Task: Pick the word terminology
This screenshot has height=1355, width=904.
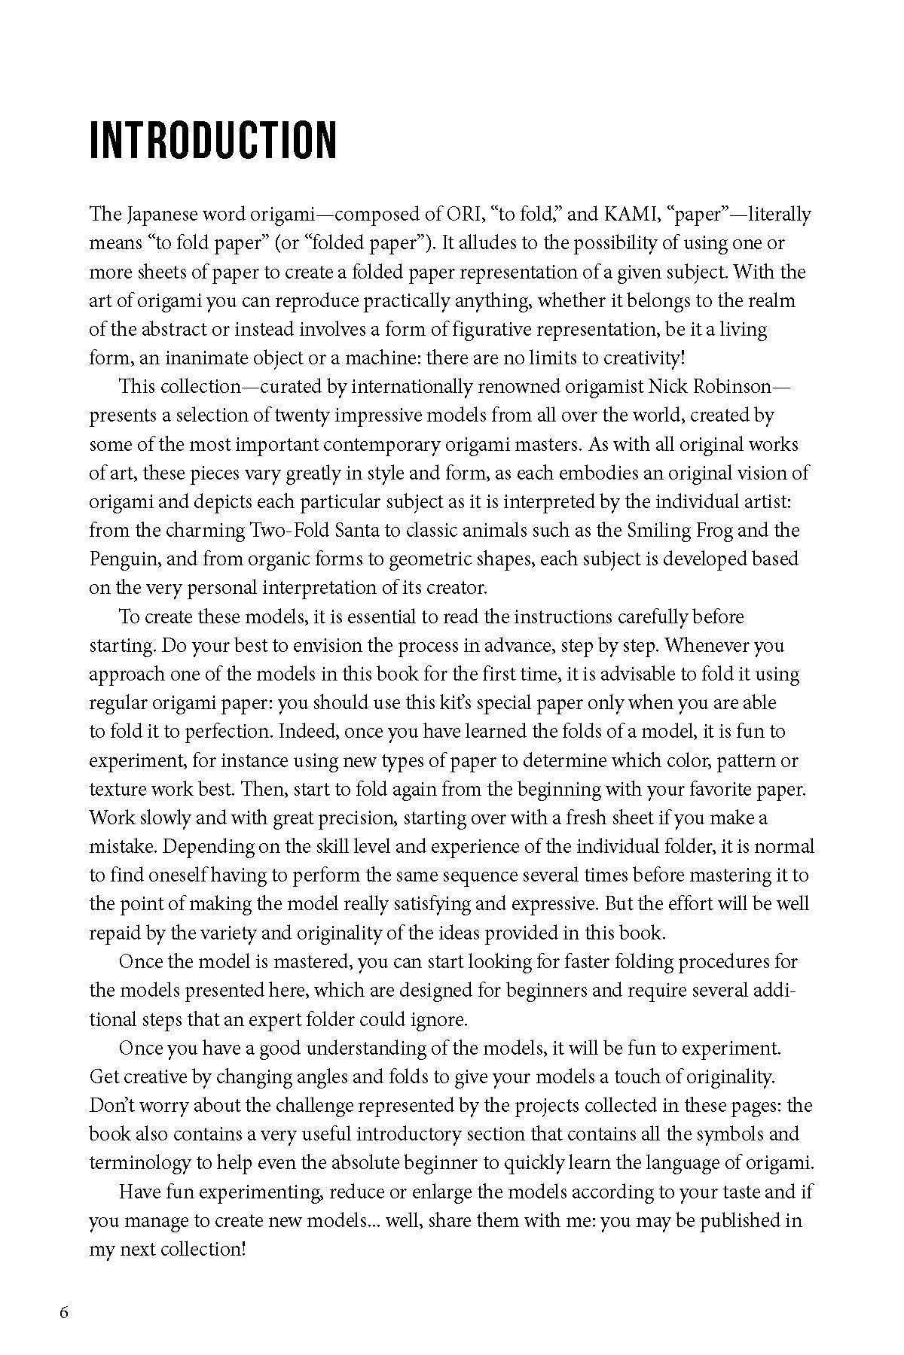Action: tap(139, 1163)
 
